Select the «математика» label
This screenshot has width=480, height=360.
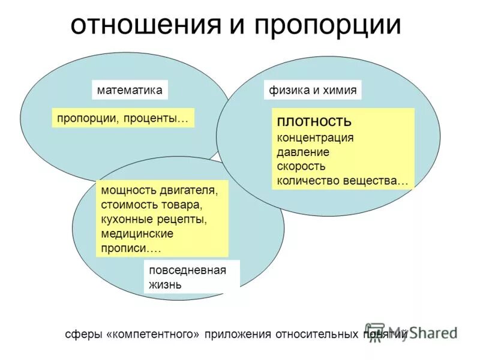[130, 90]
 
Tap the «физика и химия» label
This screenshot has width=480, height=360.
[313, 91]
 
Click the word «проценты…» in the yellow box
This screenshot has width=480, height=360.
[157, 118]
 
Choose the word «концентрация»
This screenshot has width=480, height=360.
[315, 137]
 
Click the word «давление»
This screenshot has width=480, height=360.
[303, 152]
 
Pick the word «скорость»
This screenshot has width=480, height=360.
[301, 166]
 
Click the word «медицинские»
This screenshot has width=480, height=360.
[137, 234]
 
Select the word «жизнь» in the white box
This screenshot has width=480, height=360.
[165, 284]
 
